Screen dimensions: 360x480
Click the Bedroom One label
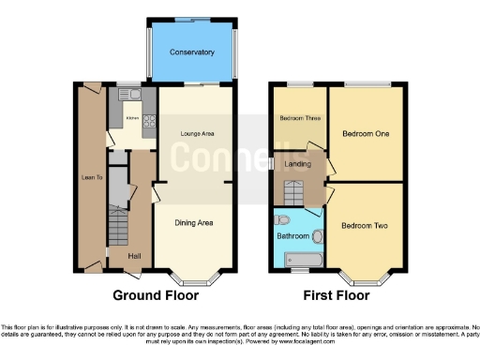pos(366,134)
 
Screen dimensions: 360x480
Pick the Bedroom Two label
pos(365,226)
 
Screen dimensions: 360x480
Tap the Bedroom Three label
pos(295,118)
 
